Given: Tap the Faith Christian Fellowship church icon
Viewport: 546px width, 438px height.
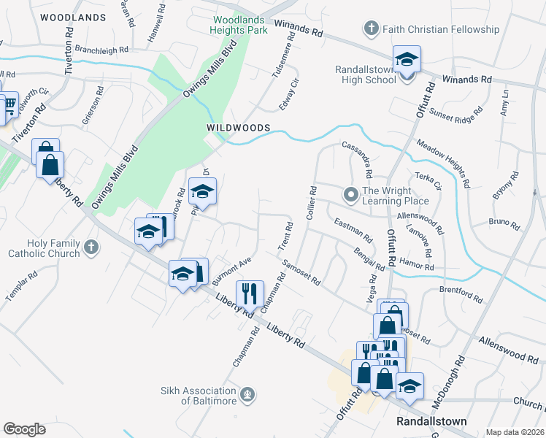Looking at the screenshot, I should (371, 29).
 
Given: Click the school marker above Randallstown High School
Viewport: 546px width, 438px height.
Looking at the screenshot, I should (407, 58).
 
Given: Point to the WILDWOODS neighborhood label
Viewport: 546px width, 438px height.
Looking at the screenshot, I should (239, 128).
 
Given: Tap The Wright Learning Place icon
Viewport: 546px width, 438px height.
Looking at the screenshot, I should (351, 193).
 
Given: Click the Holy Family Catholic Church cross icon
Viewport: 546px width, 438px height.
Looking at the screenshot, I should (91, 247).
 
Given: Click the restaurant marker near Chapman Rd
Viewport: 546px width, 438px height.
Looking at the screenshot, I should (250, 293).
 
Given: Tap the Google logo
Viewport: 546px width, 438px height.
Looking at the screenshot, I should (24, 429).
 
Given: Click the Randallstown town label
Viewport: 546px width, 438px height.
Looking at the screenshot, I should (431, 421).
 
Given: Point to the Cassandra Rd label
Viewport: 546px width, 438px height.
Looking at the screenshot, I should (358, 160).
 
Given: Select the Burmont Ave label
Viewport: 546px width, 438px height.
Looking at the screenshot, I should (231, 271).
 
